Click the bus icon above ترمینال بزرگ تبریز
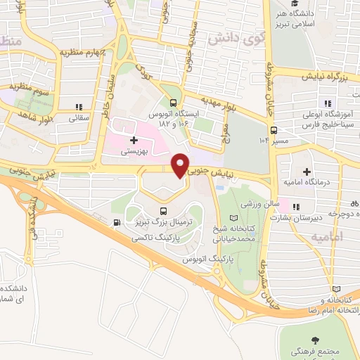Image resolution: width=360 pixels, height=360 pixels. (164, 210)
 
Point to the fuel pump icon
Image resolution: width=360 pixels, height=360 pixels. (115, 224)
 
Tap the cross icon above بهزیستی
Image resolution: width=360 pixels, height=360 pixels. (134, 141)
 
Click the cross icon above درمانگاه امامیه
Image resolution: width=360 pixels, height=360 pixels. (307, 171)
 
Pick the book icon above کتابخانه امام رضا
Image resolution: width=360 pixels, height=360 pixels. (336, 289)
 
